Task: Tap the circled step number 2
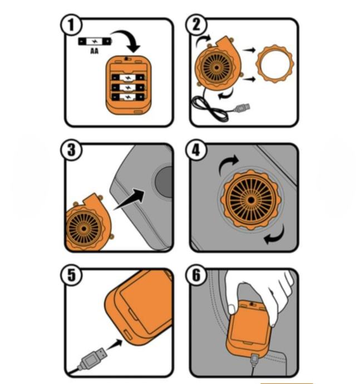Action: point(199,26)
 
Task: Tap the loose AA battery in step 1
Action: point(95,42)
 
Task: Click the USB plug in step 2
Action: point(242,105)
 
